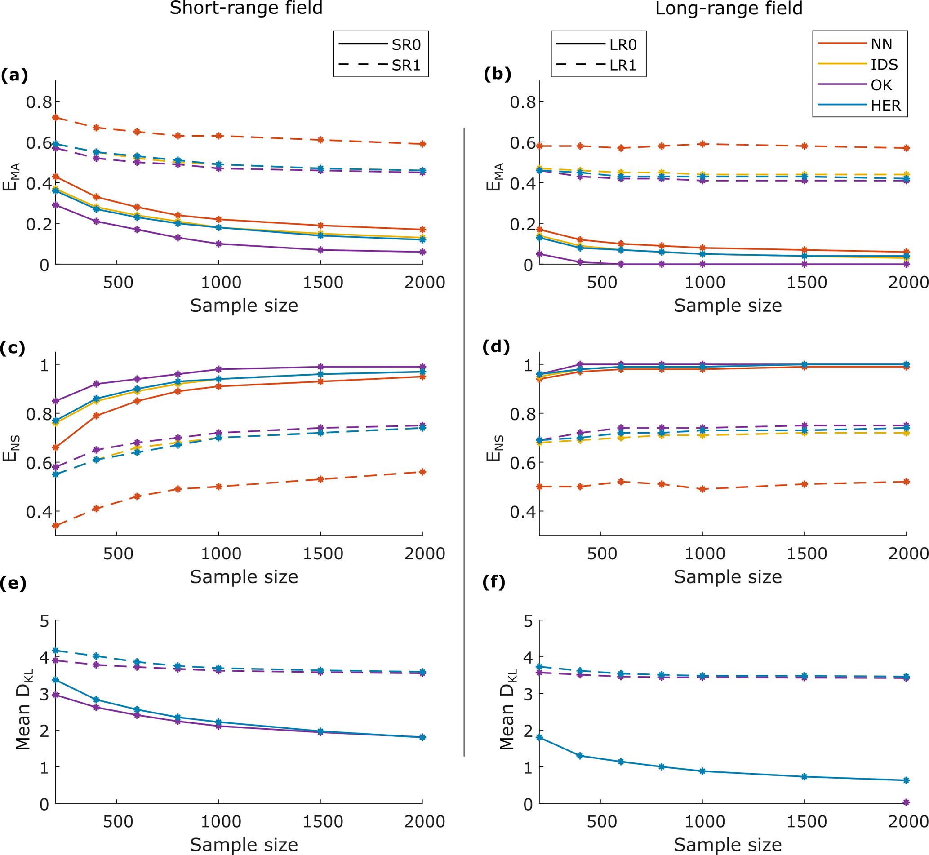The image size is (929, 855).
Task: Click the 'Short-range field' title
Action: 246,9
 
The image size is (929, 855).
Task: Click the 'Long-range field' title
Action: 729,9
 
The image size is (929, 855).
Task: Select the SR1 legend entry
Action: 406,65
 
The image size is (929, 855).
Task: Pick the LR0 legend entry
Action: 622,45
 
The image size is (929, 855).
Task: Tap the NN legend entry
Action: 881,44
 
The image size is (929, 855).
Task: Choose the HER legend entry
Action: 885,106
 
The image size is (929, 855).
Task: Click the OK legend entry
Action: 881,85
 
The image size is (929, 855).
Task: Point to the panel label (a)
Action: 14,75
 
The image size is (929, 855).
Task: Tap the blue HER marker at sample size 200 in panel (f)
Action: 539,737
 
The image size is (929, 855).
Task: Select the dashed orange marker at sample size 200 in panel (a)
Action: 56,118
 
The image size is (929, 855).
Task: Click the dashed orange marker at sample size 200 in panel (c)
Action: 56,526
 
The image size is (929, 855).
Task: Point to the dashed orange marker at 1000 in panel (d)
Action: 702,489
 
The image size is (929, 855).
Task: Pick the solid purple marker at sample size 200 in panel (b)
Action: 539,254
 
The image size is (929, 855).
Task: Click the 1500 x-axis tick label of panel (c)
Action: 323,554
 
